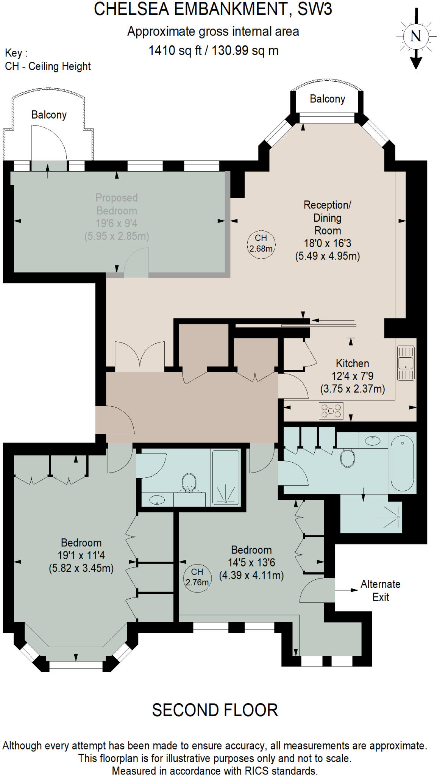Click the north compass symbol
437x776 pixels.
(x=416, y=36)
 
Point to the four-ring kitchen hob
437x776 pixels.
(x=331, y=411)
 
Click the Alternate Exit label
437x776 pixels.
(x=380, y=590)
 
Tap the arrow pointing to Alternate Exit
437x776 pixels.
(x=346, y=590)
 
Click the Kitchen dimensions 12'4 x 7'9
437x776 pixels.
(x=352, y=376)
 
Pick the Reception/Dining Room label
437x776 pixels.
(x=327, y=217)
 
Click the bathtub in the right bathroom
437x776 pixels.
(x=402, y=463)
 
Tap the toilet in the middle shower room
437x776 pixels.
(x=189, y=482)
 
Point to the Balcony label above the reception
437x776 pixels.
(x=327, y=99)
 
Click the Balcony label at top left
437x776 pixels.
(x=49, y=115)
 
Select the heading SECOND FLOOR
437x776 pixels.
(x=215, y=710)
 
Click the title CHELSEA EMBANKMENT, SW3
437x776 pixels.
(x=213, y=9)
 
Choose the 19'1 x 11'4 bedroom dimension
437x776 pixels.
(x=81, y=555)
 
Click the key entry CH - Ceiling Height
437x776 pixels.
(x=48, y=66)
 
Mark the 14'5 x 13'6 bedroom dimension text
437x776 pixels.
(x=251, y=563)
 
